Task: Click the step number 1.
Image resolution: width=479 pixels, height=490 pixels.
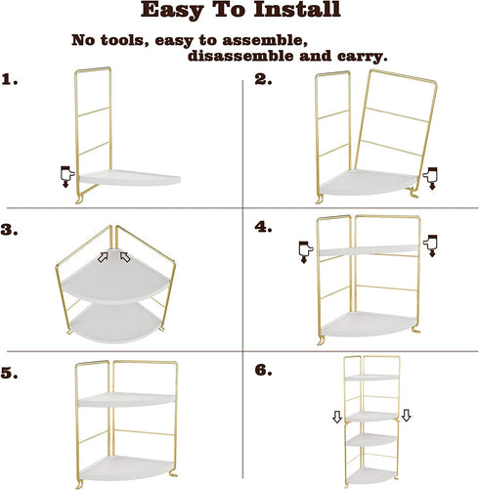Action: pyautogui.click(x=11, y=80)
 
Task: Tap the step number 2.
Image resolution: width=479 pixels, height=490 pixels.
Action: pyautogui.click(x=263, y=80)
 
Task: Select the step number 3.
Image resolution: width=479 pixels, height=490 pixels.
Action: pyautogui.click(x=11, y=231)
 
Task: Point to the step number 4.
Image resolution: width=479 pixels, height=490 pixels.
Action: pyautogui.click(x=262, y=227)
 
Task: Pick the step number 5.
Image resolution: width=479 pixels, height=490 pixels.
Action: pyautogui.click(x=11, y=374)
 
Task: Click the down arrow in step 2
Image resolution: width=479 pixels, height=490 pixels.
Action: pyautogui.click(x=431, y=176)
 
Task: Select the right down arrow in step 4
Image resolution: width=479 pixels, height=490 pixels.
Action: pyautogui.click(x=429, y=245)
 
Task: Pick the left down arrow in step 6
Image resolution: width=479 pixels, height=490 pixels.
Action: pyautogui.click(x=336, y=418)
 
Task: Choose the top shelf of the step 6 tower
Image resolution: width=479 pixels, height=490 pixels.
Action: pyautogui.click(x=375, y=377)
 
